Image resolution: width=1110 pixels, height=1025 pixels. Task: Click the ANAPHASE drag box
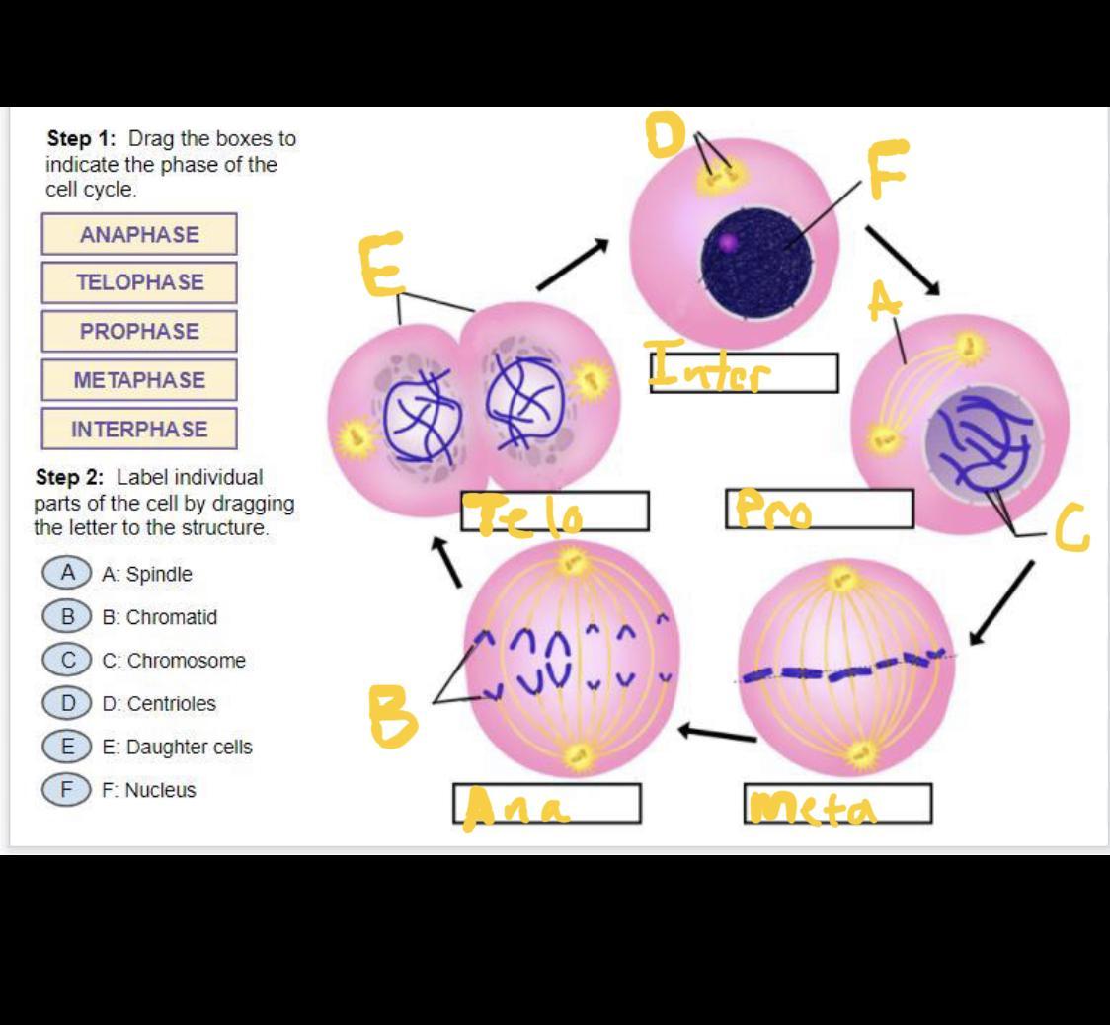pyautogui.click(x=139, y=235)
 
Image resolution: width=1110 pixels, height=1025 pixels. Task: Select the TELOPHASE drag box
pyautogui.click(x=139, y=282)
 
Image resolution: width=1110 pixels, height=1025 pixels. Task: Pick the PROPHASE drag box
pyautogui.click(x=139, y=332)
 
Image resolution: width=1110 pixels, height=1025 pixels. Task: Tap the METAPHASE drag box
pyautogui.click(x=139, y=380)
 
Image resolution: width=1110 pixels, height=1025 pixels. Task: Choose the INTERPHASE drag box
pyautogui.click(x=139, y=430)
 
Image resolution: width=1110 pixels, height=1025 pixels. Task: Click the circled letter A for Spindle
pyautogui.click(x=67, y=573)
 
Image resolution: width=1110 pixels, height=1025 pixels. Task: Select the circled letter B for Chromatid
pyautogui.click(x=67, y=617)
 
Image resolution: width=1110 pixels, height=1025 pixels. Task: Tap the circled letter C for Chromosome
pyautogui.click(x=67, y=660)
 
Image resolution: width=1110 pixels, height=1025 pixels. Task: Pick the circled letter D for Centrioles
pyautogui.click(x=67, y=703)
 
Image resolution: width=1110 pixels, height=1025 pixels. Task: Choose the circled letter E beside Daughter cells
pyautogui.click(x=67, y=747)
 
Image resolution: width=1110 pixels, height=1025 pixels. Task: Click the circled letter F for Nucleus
pyautogui.click(x=67, y=789)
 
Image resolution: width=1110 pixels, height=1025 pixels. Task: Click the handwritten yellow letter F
pyautogui.click(x=887, y=169)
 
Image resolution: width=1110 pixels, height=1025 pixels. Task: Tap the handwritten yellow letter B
pyautogui.click(x=394, y=715)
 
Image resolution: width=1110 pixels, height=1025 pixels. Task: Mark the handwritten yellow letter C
pyautogui.click(x=1071, y=528)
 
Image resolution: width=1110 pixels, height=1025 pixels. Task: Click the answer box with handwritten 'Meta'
pyautogui.click(x=837, y=804)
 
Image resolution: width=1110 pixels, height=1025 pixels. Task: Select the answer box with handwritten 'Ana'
pyautogui.click(x=546, y=804)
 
